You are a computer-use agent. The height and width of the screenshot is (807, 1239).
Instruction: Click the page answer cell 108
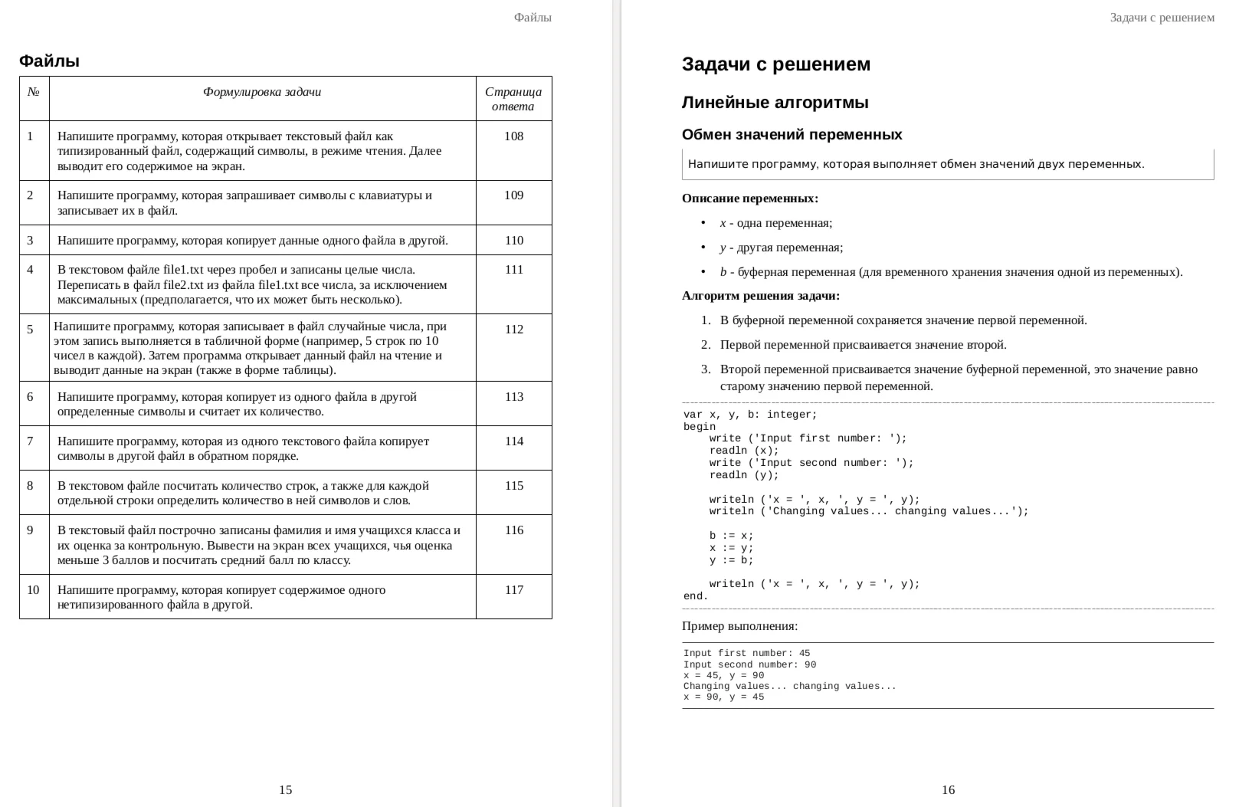click(513, 136)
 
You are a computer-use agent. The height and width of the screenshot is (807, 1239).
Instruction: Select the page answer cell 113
click(513, 397)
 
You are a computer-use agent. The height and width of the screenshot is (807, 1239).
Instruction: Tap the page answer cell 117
click(513, 590)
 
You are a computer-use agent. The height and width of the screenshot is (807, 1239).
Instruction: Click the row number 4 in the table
click(31, 270)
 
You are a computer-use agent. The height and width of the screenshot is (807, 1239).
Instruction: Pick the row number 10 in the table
click(33, 590)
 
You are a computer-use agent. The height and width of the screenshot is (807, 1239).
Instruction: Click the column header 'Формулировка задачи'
click(262, 92)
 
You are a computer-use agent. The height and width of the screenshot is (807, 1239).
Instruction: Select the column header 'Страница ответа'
click(513, 99)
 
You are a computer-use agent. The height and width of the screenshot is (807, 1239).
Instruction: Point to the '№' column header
click(33, 92)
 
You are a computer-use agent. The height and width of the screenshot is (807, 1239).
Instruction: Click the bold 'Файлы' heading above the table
click(49, 61)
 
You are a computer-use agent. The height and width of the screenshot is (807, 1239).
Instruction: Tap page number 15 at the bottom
click(285, 790)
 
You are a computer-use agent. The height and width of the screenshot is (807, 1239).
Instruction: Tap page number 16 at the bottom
click(948, 790)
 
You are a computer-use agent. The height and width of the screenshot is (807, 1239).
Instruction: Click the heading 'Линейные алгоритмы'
click(775, 103)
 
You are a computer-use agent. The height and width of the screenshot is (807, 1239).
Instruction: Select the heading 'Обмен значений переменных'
click(792, 135)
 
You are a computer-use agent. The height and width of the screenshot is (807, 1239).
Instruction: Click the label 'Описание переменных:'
click(749, 198)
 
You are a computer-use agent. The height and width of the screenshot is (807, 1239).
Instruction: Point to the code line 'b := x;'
click(731, 536)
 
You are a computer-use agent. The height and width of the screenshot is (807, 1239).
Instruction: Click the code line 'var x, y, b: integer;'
click(750, 415)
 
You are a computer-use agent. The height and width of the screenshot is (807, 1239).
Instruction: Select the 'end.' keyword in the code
click(696, 596)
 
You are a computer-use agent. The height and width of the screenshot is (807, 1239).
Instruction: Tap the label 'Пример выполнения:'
click(739, 626)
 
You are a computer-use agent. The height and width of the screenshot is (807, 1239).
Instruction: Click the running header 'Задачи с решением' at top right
click(1162, 18)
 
